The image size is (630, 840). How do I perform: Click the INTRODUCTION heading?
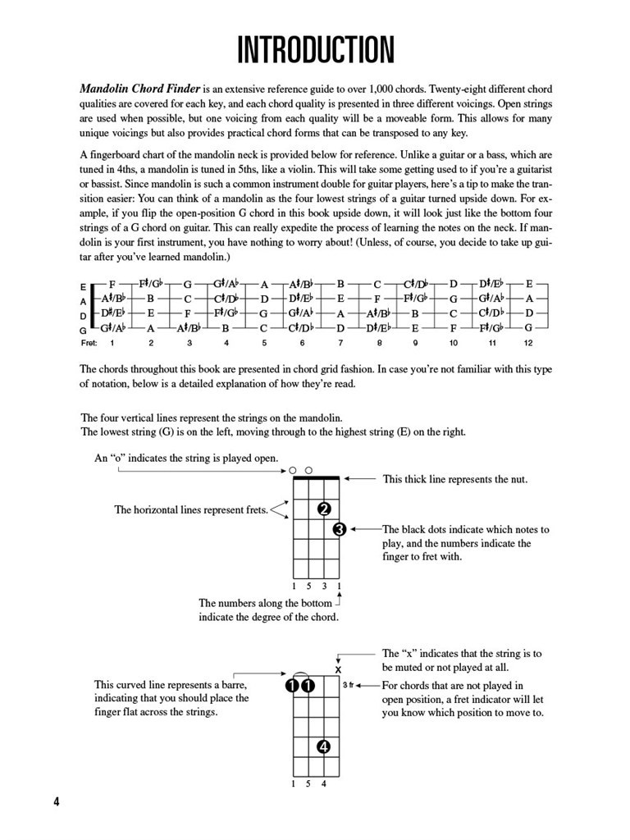[315, 51]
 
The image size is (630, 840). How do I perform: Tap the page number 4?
[56, 801]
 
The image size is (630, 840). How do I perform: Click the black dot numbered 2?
[324, 509]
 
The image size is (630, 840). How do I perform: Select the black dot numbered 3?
[340, 529]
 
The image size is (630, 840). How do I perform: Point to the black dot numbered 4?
[324, 747]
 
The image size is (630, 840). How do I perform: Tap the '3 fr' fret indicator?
[349, 685]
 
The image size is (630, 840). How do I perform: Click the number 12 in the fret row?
[529, 342]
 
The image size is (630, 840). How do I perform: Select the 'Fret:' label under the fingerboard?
[89, 342]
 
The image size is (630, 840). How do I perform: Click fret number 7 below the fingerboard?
[340, 342]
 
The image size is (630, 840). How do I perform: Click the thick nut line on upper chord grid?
[316, 477]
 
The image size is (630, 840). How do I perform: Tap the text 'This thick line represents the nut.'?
[455, 479]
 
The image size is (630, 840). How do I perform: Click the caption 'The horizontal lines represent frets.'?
[191, 510]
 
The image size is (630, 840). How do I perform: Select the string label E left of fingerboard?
[83, 287]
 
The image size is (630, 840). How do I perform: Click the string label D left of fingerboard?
[83, 315]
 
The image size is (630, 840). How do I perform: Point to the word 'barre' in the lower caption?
[233, 684]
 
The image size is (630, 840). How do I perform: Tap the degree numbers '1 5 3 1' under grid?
[316, 587]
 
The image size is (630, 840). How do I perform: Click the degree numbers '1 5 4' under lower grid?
[308, 783]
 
